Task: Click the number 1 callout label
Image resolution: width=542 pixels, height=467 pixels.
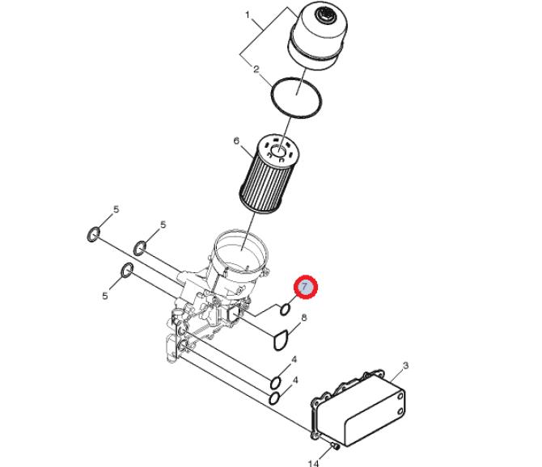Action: (248, 15)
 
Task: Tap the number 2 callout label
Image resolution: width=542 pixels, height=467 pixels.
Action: (256, 69)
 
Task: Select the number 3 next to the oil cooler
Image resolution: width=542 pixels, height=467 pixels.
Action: (406, 365)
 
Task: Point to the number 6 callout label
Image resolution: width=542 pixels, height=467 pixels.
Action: (236, 141)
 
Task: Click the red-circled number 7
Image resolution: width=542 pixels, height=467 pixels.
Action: (306, 287)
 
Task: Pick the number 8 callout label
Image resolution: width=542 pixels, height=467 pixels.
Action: (304, 318)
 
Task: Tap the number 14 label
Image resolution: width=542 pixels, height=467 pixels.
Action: (313, 463)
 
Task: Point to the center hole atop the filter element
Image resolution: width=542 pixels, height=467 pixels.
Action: (278, 151)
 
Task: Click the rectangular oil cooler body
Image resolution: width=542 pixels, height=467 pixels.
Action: (359, 408)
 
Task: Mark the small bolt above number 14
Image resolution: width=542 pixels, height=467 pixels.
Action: (335, 446)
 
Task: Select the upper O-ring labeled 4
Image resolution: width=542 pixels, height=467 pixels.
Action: (276, 383)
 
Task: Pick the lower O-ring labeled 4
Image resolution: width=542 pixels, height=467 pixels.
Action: (274, 398)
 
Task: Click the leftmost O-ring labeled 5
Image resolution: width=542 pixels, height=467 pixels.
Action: (93, 234)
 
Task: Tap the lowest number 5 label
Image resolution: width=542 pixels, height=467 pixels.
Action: (105, 296)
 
